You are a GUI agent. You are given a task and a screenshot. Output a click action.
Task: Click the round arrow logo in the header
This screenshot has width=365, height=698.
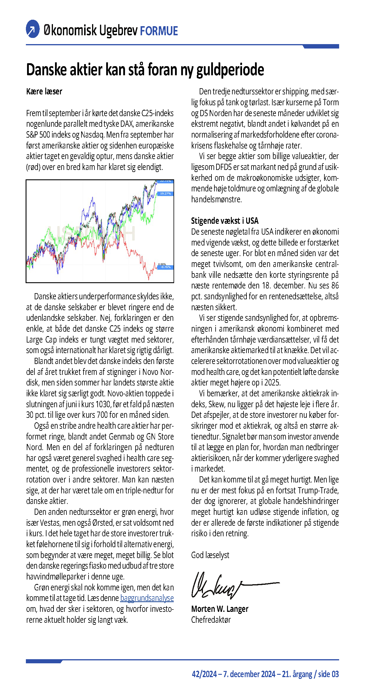(33, 29)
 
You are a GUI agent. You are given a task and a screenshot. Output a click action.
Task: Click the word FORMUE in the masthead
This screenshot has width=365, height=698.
(159, 31)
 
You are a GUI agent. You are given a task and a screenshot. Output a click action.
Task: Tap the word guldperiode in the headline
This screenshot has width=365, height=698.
(230, 70)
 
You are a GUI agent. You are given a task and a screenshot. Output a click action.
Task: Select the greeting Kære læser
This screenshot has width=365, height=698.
(44, 91)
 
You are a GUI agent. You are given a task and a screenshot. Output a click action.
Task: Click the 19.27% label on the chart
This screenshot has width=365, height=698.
(165, 193)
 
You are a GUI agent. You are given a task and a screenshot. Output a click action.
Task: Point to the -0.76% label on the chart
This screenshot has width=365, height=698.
(166, 267)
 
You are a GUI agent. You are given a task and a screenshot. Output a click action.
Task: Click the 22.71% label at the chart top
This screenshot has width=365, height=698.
(165, 181)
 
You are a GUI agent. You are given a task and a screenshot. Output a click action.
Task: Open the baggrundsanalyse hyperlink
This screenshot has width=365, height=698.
(147, 598)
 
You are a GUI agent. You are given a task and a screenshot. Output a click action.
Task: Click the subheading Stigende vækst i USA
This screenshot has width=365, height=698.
(225, 221)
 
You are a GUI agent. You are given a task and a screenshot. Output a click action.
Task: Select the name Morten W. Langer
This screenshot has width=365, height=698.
(220, 609)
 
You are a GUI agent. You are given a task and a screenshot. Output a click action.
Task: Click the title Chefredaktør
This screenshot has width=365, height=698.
(211, 619)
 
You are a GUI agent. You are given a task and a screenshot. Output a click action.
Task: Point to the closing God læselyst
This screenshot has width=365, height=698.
(210, 555)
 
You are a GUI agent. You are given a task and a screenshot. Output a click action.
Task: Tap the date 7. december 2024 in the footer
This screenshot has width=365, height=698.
(249, 674)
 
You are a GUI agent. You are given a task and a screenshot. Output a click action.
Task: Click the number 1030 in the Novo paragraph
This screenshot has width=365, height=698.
(103, 404)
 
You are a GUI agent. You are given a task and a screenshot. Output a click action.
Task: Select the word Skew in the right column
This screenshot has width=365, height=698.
(216, 404)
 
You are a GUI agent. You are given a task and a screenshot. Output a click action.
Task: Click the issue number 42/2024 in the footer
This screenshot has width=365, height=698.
(204, 674)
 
